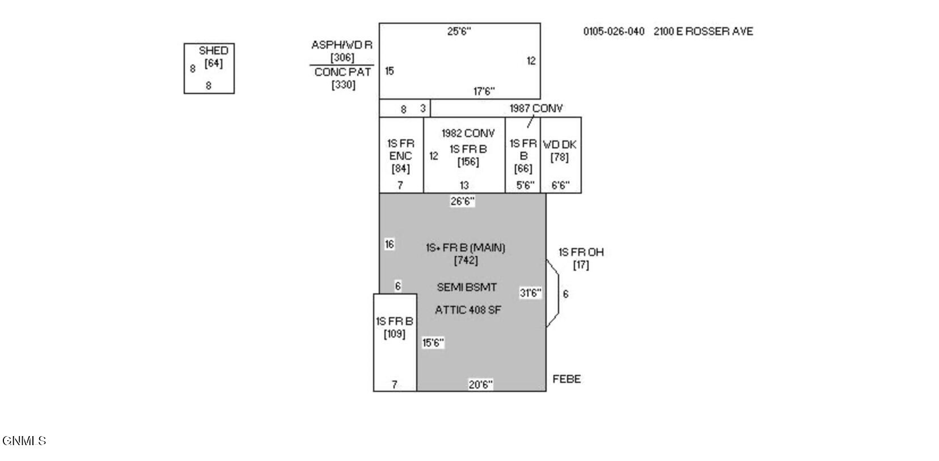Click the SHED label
pyautogui.click(x=213, y=50)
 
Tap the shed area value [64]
pyautogui.click(x=213, y=63)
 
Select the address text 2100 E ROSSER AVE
pyautogui.click(x=703, y=31)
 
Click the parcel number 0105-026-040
pyautogui.click(x=614, y=31)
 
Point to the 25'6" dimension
pyautogui.click(x=459, y=31)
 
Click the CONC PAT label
pyautogui.click(x=342, y=72)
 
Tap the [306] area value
pyautogui.click(x=342, y=57)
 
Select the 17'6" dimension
pyautogui.click(x=484, y=91)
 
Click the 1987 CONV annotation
pyautogui.click(x=536, y=108)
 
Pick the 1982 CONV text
pyautogui.click(x=468, y=134)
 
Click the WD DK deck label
pyautogui.click(x=560, y=145)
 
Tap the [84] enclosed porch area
pyautogui.click(x=400, y=169)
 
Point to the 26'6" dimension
pyautogui.click(x=462, y=202)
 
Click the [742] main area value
pyautogui.click(x=466, y=261)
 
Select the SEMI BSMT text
pyautogui.click(x=467, y=288)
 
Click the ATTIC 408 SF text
pyautogui.click(x=468, y=310)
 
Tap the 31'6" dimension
pyautogui.click(x=530, y=293)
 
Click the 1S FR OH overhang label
pyautogui.click(x=581, y=253)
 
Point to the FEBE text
pyautogui.click(x=567, y=379)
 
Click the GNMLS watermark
pyautogui.click(x=24, y=441)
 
